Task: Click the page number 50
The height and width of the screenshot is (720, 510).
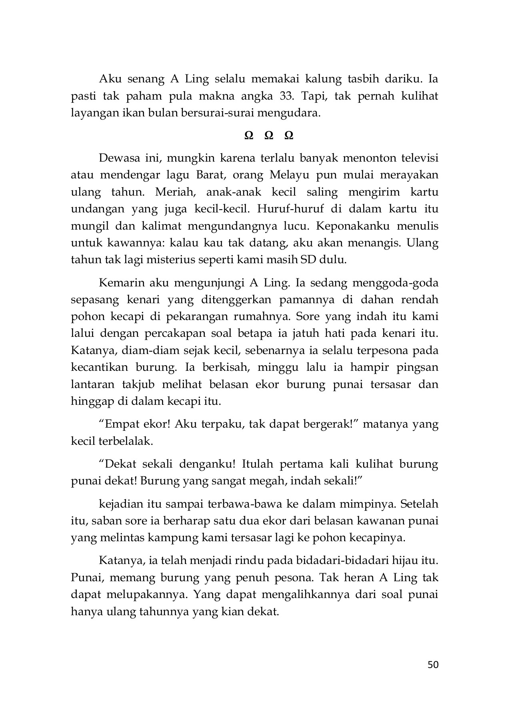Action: tap(433, 665)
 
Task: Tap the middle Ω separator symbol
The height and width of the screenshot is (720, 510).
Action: tap(269, 136)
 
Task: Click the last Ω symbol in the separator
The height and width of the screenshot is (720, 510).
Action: tap(289, 136)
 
